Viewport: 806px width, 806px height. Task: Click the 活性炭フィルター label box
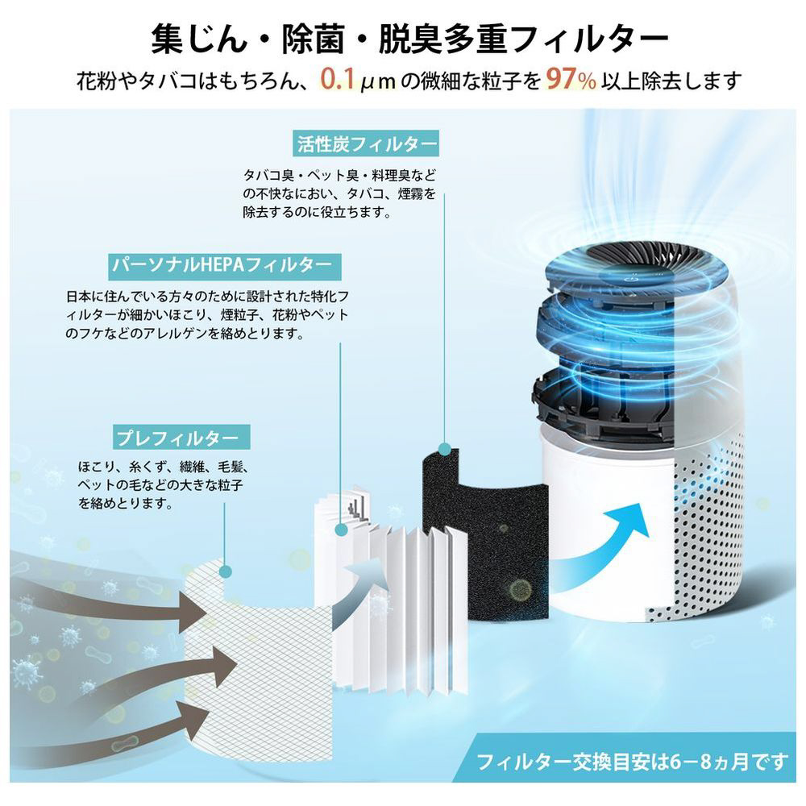[x=365, y=143]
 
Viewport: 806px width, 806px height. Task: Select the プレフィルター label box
[x=181, y=438]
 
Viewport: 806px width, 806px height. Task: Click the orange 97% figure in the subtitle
[x=571, y=79]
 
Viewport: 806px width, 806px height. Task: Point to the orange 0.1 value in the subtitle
[x=338, y=79]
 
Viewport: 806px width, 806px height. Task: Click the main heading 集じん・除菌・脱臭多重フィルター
[x=409, y=39]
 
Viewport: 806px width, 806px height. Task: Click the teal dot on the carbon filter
[x=445, y=449]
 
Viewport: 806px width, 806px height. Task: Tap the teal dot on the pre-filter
[x=225, y=571]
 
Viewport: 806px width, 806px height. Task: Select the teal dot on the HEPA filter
[x=340, y=529]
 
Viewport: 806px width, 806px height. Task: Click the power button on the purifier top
[x=632, y=279]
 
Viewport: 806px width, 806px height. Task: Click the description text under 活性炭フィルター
[x=339, y=193]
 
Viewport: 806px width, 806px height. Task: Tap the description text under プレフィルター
[x=164, y=484]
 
